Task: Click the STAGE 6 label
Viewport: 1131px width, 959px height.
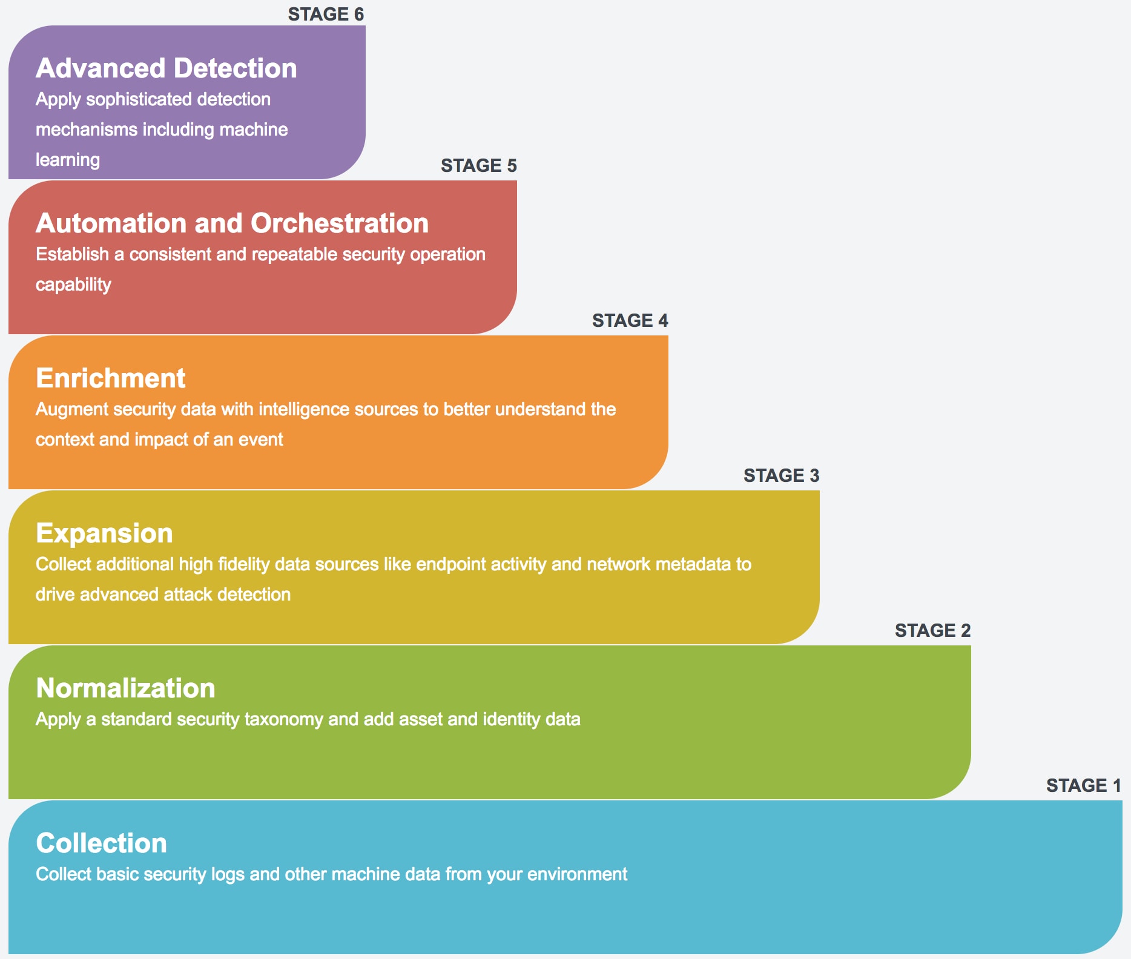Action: [x=326, y=14]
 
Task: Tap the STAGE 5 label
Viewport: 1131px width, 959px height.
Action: [x=478, y=165]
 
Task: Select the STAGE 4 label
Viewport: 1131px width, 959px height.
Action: [x=630, y=320]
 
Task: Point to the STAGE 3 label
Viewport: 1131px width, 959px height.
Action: [x=781, y=475]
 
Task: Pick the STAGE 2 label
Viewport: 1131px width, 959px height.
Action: [x=932, y=630]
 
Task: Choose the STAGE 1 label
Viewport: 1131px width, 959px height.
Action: [x=1084, y=785]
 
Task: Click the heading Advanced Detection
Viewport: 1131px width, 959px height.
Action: [x=167, y=68]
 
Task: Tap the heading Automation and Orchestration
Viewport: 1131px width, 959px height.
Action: [x=232, y=223]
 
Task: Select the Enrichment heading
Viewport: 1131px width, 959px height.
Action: [x=111, y=378]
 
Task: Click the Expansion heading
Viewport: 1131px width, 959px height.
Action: [x=104, y=533]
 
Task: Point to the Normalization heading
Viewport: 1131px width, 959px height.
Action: [x=125, y=688]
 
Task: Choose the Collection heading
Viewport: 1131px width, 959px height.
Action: [x=101, y=843]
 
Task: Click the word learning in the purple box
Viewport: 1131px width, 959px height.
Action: [x=68, y=160]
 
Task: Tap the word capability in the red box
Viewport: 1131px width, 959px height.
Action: [x=73, y=285]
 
